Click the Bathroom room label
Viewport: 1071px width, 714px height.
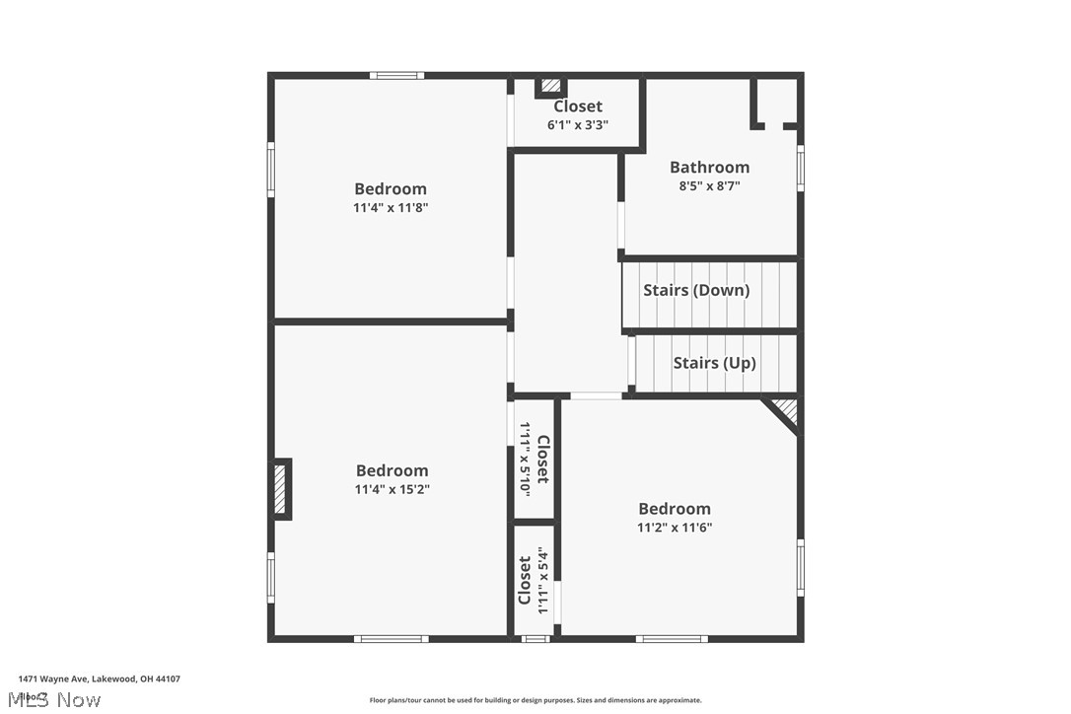(x=709, y=167)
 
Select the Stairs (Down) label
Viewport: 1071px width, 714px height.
(x=696, y=290)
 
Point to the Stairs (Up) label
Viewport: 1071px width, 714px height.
(x=714, y=363)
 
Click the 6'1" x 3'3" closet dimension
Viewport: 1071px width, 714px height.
(x=578, y=125)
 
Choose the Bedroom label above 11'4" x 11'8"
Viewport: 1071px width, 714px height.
(x=391, y=188)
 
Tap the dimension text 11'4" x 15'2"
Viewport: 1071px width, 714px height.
(x=392, y=489)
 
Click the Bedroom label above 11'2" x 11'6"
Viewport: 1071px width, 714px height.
(x=674, y=509)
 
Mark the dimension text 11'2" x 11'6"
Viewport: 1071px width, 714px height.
(x=674, y=528)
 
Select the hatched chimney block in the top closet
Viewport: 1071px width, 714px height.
(x=550, y=87)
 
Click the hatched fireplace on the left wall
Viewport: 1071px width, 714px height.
(x=280, y=489)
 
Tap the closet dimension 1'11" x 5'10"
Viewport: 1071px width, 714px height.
(x=526, y=460)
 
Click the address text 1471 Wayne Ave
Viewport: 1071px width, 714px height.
(x=54, y=678)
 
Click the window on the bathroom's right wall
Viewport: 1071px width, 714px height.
(x=800, y=168)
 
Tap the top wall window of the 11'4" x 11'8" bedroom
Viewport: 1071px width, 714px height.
(x=397, y=75)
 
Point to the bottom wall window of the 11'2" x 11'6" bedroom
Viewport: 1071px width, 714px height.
(x=671, y=639)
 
